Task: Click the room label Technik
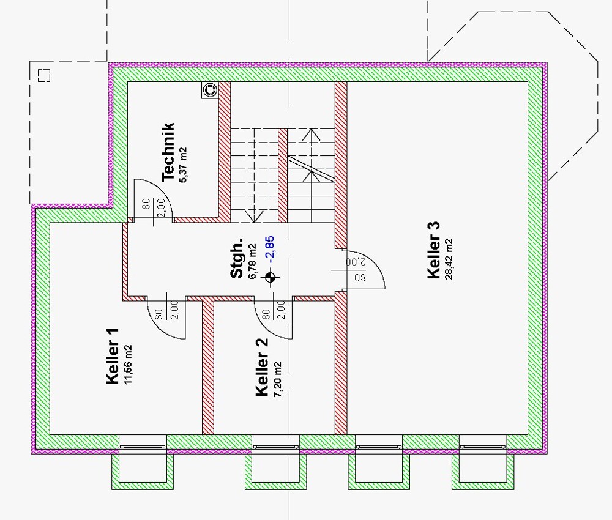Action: tap(168, 152)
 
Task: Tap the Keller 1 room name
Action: tap(112, 357)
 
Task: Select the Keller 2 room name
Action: tap(262, 366)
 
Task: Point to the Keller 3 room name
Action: tap(434, 250)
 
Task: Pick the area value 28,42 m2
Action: tap(450, 258)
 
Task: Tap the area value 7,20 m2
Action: tap(277, 379)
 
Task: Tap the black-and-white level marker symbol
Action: tap(270, 278)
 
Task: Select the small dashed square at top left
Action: tap(43, 75)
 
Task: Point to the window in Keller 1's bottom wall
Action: tap(142, 447)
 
